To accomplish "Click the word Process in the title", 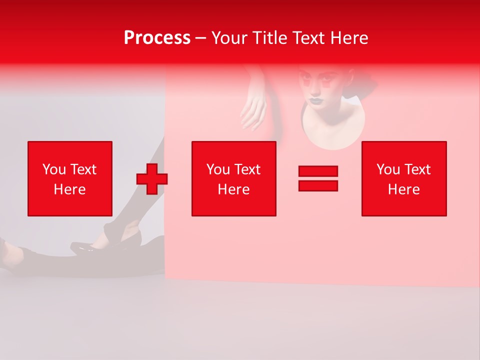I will point(157,38).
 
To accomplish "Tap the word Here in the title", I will point(349,38).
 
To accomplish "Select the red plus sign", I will point(152,179).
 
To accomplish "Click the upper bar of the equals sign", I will point(318,171).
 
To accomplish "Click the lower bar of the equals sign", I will point(318,185).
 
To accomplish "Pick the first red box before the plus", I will point(70,178).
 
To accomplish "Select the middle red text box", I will point(233,178).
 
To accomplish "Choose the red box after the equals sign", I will point(404,178).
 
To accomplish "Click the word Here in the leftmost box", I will point(69,189).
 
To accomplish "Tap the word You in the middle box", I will point(217,169).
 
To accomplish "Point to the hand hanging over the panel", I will point(255,110).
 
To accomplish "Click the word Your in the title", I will point(227,38).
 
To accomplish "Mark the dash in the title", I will point(201,38).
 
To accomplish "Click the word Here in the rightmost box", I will point(403,189).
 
